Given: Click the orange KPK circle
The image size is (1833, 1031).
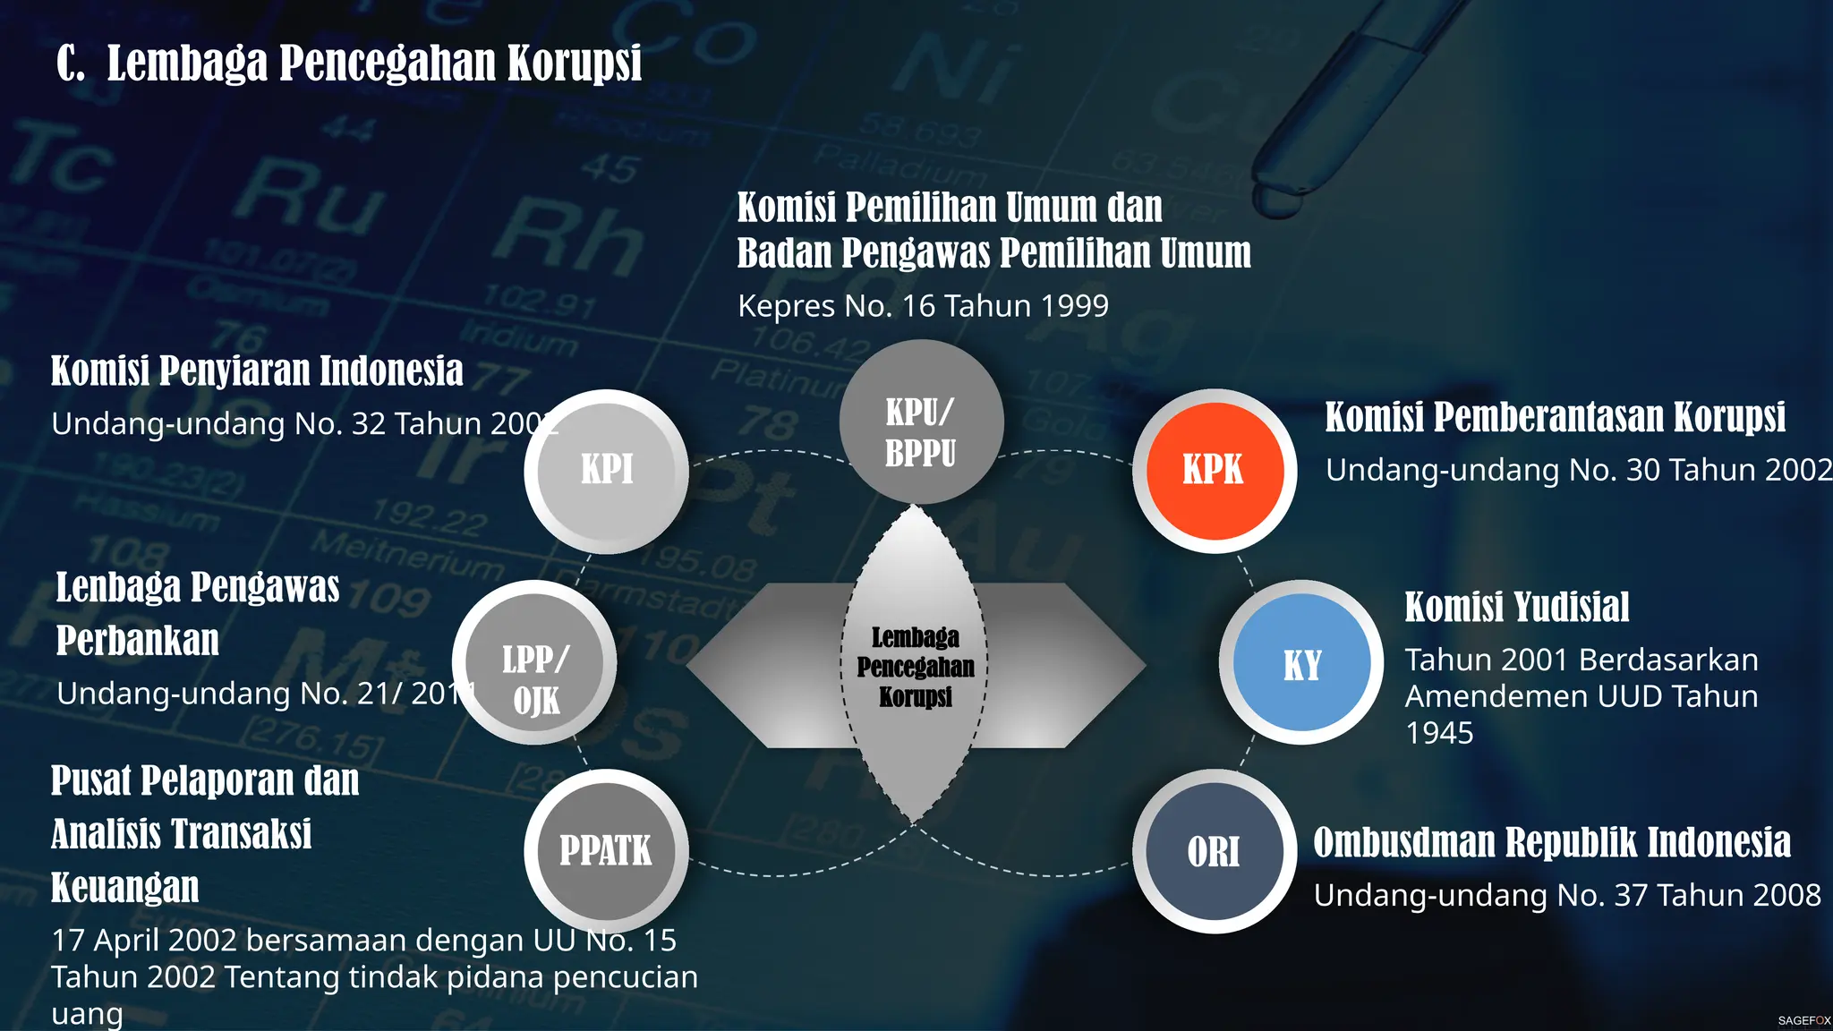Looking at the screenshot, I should [x=1214, y=470].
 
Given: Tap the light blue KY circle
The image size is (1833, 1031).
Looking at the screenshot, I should [x=1301, y=663].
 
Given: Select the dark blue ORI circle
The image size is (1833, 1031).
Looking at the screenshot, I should [x=1214, y=851].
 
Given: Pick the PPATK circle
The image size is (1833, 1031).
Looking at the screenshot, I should [x=606, y=850].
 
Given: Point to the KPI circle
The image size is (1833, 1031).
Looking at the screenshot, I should [x=606, y=470].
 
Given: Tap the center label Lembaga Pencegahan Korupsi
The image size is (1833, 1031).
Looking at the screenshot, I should [x=916, y=667].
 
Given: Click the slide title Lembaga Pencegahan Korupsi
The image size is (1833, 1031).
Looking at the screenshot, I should [x=349, y=64].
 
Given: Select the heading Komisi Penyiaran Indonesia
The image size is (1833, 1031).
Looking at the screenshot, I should [x=257, y=371].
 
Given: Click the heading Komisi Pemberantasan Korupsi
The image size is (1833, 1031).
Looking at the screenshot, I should [x=1555, y=418].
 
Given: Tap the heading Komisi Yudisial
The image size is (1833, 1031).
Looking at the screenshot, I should [x=1516, y=608].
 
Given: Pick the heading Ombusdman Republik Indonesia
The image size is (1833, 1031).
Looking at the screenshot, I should [x=1552, y=843].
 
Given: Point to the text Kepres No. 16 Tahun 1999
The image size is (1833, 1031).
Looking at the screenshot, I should [x=923, y=306].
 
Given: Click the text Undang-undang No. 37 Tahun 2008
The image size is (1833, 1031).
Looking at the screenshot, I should [x=1567, y=895].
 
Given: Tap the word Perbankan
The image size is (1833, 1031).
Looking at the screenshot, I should [x=138, y=641].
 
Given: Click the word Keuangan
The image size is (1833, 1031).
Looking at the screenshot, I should [x=125, y=888].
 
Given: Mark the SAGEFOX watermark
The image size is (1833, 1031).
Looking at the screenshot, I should [x=1803, y=1020].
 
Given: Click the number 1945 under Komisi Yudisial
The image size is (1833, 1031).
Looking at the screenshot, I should [x=1439, y=733].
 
